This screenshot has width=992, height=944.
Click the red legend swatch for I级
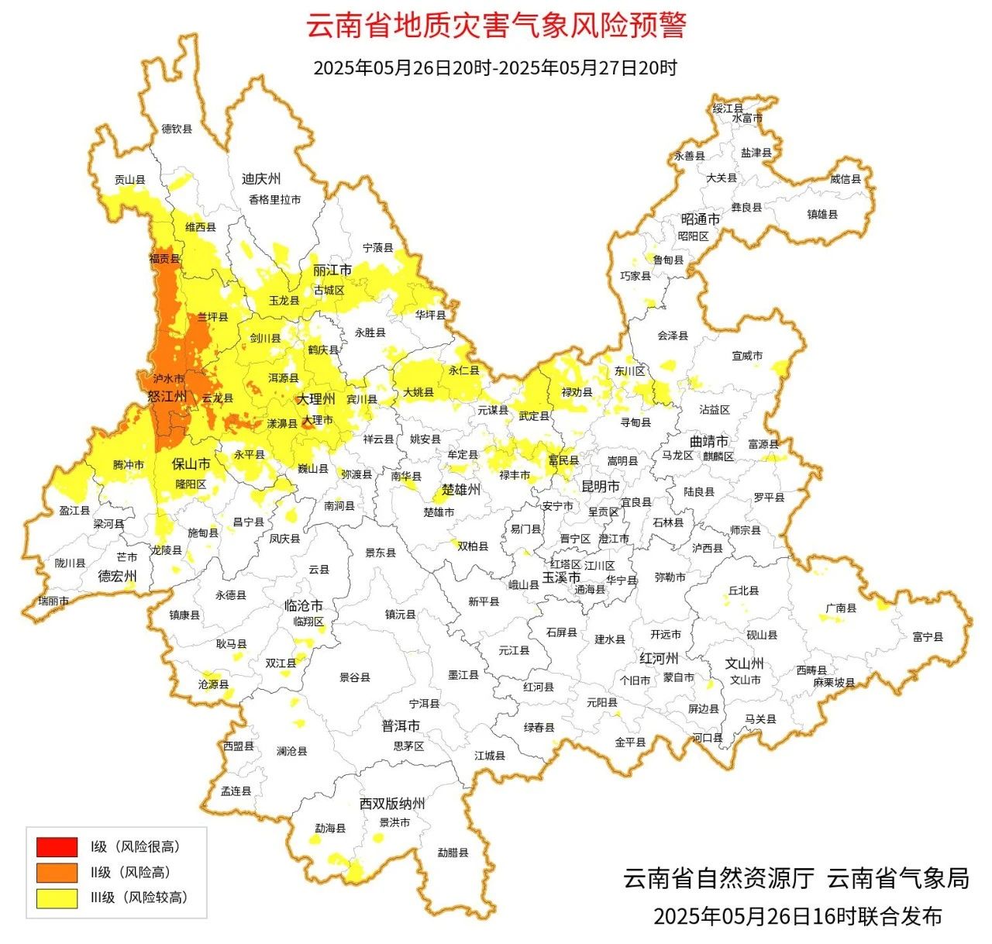(57, 846)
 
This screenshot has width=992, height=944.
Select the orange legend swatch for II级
(57, 872)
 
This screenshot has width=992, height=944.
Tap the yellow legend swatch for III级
(57, 897)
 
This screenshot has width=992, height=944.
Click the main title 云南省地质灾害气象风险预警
(496, 26)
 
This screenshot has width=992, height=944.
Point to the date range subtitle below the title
(495, 67)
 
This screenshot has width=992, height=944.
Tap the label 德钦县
(177, 129)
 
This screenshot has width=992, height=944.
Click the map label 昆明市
(601, 486)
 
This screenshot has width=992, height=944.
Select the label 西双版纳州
(392, 804)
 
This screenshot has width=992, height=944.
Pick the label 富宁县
(928, 637)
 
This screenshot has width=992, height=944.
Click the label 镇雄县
(822, 214)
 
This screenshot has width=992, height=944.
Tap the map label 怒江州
(167, 397)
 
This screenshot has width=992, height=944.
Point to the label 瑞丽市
(53, 601)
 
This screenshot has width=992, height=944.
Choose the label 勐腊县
(453, 853)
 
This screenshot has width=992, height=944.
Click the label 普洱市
(401, 726)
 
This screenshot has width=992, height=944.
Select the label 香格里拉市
(274, 199)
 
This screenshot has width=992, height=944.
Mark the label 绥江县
(728, 108)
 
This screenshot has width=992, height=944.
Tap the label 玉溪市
(561, 577)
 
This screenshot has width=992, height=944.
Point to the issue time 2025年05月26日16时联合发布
(797, 917)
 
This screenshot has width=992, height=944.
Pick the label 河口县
(707, 738)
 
